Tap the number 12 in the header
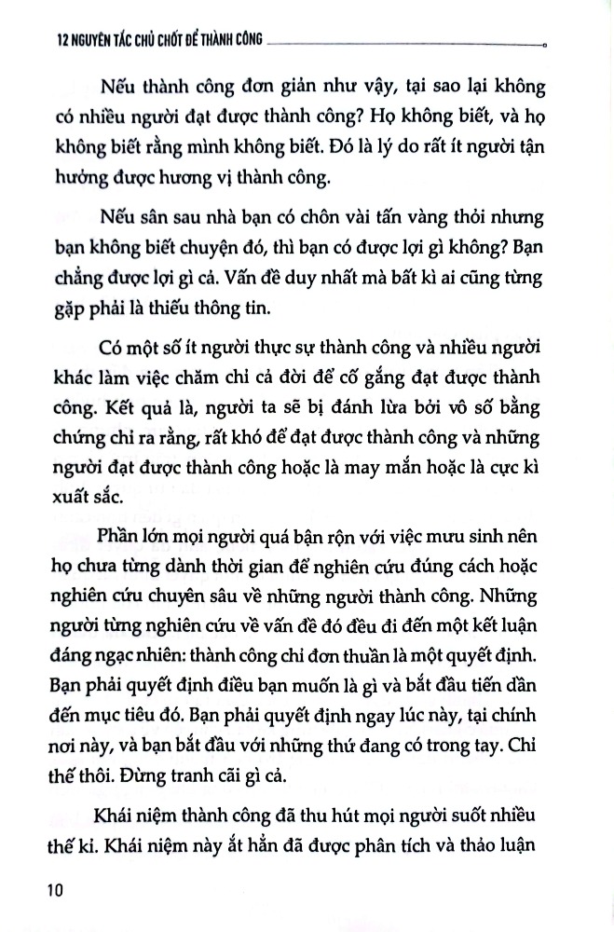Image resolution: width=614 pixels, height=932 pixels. (40, 41)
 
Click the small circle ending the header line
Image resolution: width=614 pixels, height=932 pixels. (544, 44)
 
